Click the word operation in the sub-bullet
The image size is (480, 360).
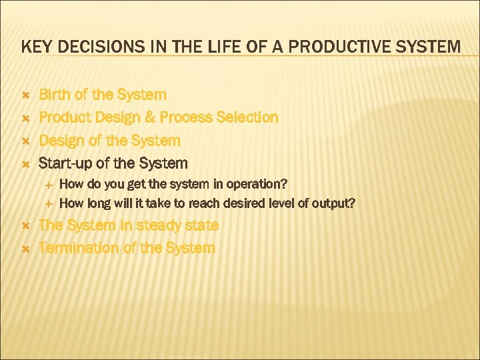[259, 184]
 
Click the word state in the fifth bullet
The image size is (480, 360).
[201, 225]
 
